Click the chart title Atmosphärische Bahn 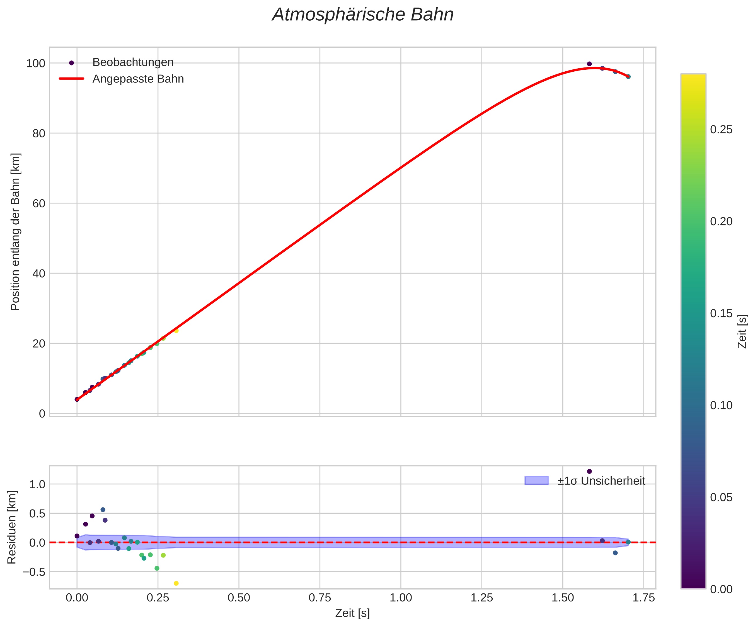pos(363,15)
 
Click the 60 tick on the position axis pos(39,203)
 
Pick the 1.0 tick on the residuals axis pos(37,484)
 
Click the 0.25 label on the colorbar pos(721,130)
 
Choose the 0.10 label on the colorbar pos(721,405)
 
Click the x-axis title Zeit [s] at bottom pos(352,613)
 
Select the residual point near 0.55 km pos(103,509)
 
